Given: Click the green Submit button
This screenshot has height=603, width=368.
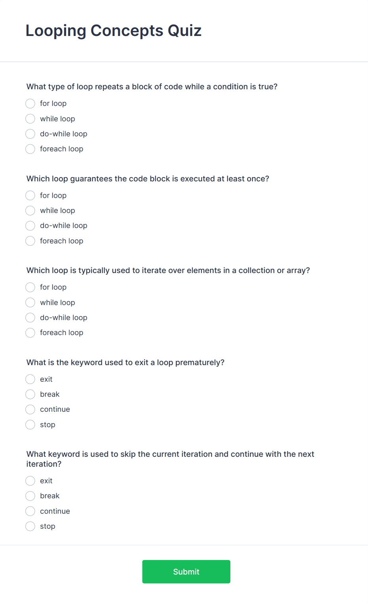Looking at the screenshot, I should (186, 571).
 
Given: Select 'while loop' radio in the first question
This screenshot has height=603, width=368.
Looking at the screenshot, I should (30, 119).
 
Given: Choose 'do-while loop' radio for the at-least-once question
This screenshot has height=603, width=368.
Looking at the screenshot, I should (30, 226).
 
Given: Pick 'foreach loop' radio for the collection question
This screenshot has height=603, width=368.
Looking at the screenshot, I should (30, 333).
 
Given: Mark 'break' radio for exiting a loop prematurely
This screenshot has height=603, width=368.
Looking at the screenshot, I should (30, 394).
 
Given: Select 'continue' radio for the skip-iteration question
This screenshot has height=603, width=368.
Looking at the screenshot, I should (30, 511).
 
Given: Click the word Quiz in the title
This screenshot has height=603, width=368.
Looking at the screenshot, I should (184, 31).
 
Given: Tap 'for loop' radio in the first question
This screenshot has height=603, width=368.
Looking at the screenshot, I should (30, 104).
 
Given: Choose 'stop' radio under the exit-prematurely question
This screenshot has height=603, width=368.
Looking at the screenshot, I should (30, 425).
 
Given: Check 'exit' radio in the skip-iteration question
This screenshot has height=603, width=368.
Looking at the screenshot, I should (30, 481).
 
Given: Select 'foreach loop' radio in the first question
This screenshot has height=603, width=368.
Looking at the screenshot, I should (30, 149).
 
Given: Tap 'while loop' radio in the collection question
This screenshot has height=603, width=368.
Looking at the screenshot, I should (30, 303).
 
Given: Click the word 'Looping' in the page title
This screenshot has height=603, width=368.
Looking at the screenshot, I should (56, 31).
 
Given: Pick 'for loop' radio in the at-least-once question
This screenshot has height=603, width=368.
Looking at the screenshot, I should (30, 196).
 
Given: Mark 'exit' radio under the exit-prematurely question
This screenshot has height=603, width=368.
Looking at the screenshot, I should (30, 379).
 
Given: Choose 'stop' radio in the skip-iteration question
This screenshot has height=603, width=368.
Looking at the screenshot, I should (30, 526).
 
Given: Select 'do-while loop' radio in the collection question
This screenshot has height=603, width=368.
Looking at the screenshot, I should (30, 318).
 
